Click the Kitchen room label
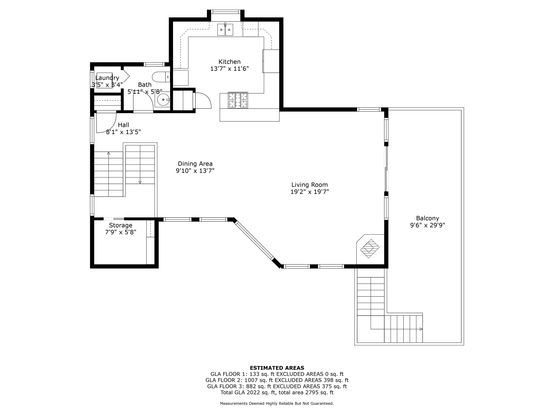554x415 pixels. [229, 62]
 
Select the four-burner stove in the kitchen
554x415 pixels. [238, 100]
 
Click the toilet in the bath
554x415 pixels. [161, 77]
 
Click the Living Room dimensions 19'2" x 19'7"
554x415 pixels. [310, 192]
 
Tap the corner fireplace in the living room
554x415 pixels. [370, 249]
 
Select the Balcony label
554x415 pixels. [428, 218]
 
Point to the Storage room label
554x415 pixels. [120, 225]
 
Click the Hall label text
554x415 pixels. [124, 125]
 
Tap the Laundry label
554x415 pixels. [107, 78]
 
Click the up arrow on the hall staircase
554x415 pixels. [108, 153]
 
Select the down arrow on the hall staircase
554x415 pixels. [140, 182]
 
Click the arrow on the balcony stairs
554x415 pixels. [421, 329]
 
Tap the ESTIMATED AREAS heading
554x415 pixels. [277, 368]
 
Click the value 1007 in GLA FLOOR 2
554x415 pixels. [251, 380]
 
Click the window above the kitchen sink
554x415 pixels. [225, 12]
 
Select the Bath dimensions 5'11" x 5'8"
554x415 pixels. [145, 92]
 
